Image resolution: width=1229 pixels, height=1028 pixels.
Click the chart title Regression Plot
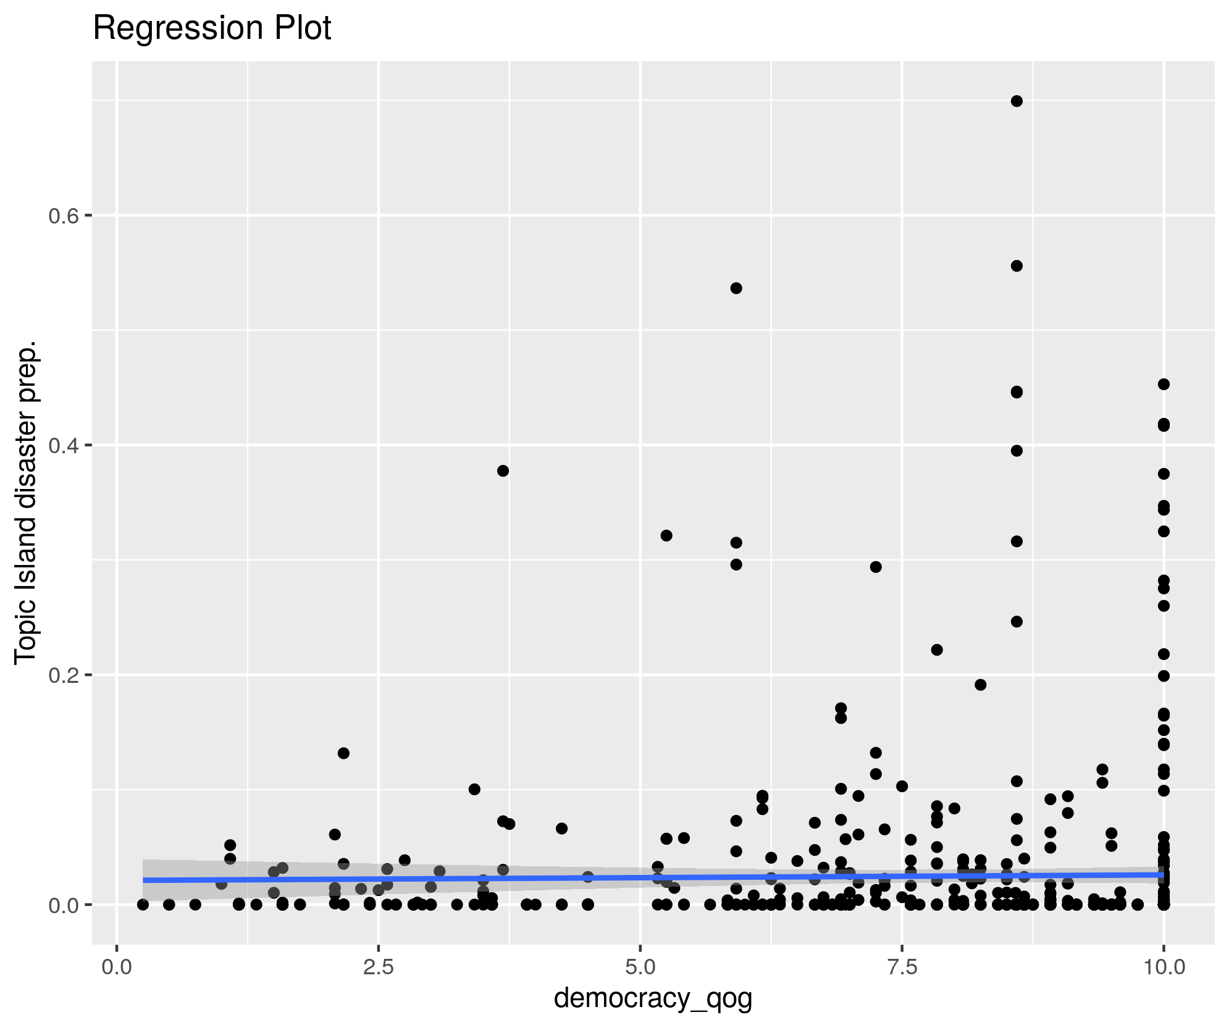tap(212, 28)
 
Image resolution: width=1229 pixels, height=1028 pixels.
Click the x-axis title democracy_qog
tap(653, 998)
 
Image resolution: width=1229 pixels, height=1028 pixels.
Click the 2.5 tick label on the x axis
tap(379, 967)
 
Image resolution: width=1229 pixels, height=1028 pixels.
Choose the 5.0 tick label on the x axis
tap(640, 967)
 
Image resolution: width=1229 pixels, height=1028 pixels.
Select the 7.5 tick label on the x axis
tap(902, 967)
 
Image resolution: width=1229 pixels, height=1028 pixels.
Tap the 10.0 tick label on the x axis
tap(1164, 967)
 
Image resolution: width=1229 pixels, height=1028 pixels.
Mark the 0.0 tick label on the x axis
tap(117, 967)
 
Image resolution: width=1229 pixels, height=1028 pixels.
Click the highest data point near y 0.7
tap(1017, 101)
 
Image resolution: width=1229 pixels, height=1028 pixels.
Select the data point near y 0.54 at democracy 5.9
tap(736, 288)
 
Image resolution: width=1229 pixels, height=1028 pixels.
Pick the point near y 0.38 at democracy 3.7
tap(503, 470)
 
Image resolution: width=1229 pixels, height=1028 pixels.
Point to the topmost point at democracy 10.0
tap(1164, 384)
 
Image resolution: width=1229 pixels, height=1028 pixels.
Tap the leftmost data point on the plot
tap(143, 905)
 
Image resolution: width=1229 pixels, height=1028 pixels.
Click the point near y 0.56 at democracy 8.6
tap(1017, 266)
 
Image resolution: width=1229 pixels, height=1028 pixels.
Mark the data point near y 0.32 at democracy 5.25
tap(666, 535)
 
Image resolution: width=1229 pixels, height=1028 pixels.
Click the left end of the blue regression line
tap(144, 880)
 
